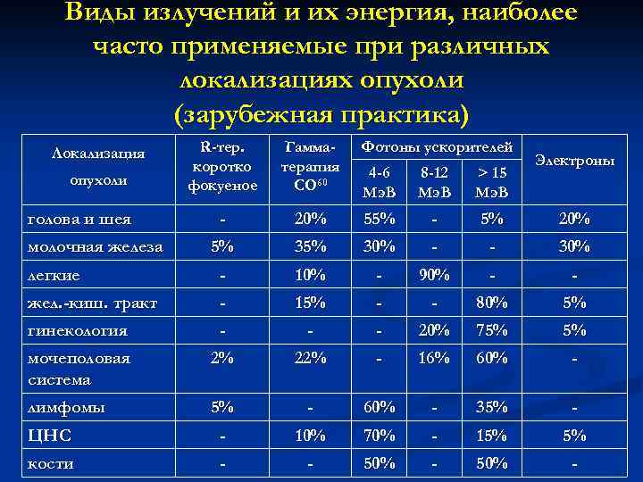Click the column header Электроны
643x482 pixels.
[575, 162]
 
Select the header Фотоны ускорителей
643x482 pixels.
[436, 146]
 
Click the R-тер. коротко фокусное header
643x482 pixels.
[222, 166]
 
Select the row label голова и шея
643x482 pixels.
[79, 220]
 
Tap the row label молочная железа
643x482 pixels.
[93, 247]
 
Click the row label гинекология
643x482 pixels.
[77, 330]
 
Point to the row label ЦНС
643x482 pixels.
[49, 436]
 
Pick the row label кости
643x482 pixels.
[51, 464]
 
